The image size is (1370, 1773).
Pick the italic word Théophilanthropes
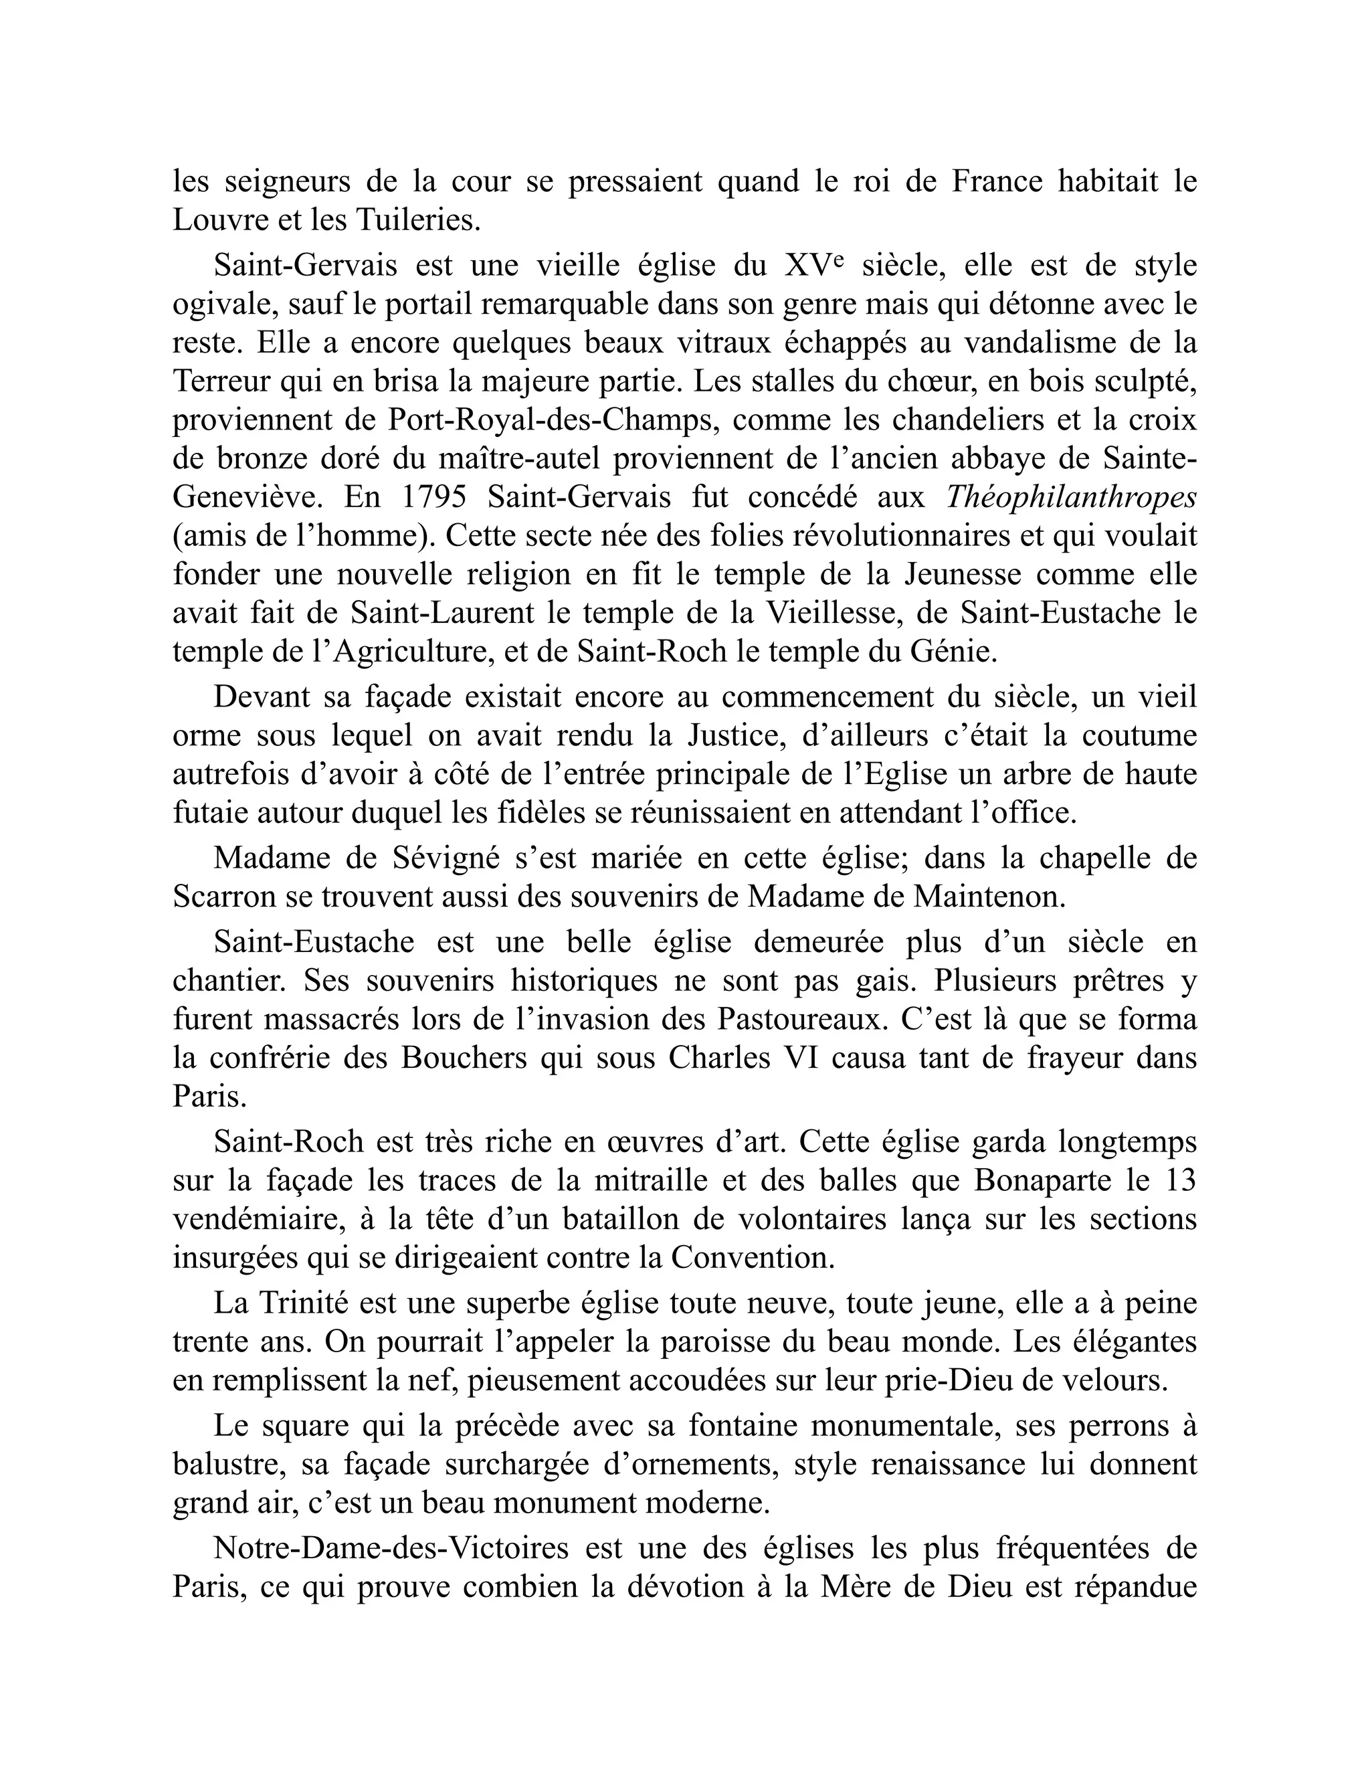click(1072, 497)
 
